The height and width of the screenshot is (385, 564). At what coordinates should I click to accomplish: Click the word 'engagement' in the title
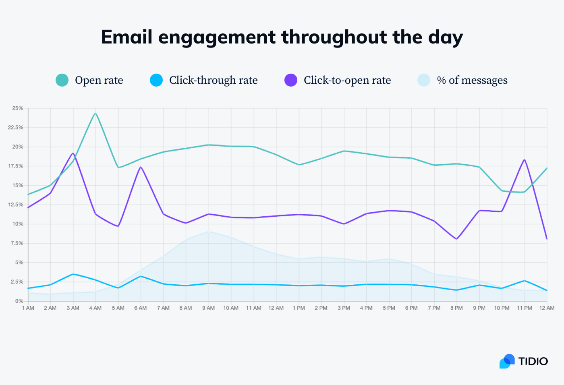pos(217,37)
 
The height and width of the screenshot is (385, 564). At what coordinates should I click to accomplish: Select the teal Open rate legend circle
pos(62,80)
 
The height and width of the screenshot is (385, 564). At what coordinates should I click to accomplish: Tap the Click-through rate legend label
pos(213,80)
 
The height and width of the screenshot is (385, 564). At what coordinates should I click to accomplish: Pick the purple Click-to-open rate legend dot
pos(291,80)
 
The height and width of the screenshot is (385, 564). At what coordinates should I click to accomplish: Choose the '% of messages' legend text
pos(472,80)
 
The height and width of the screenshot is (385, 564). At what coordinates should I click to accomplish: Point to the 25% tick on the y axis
pos(18,108)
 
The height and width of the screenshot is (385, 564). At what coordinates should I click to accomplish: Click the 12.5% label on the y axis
pos(17,205)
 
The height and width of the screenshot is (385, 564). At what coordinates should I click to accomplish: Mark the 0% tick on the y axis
pos(19,301)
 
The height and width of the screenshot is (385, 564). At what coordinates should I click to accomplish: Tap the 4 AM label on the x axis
pos(95,308)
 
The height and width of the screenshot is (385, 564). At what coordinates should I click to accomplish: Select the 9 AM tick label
pos(208,308)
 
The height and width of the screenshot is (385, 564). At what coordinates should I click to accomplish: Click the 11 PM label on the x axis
pos(525,308)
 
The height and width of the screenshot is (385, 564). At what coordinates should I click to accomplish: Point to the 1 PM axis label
pos(299,308)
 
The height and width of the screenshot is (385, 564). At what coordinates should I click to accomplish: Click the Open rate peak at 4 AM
pos(95,114)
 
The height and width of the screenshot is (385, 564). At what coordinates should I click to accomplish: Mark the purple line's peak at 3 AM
pos(73,153)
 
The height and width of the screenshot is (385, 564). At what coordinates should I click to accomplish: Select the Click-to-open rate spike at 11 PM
pos(525,160)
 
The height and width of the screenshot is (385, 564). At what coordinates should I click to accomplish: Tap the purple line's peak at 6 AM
pos(141,167)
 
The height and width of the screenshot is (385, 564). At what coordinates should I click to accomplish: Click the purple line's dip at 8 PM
pos(456,239)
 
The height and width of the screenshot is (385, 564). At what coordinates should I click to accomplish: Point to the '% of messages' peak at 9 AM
pos(208,232)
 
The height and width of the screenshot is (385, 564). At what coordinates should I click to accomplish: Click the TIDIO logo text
pos(533,361)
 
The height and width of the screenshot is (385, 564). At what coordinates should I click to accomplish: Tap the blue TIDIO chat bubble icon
pos(507,361)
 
